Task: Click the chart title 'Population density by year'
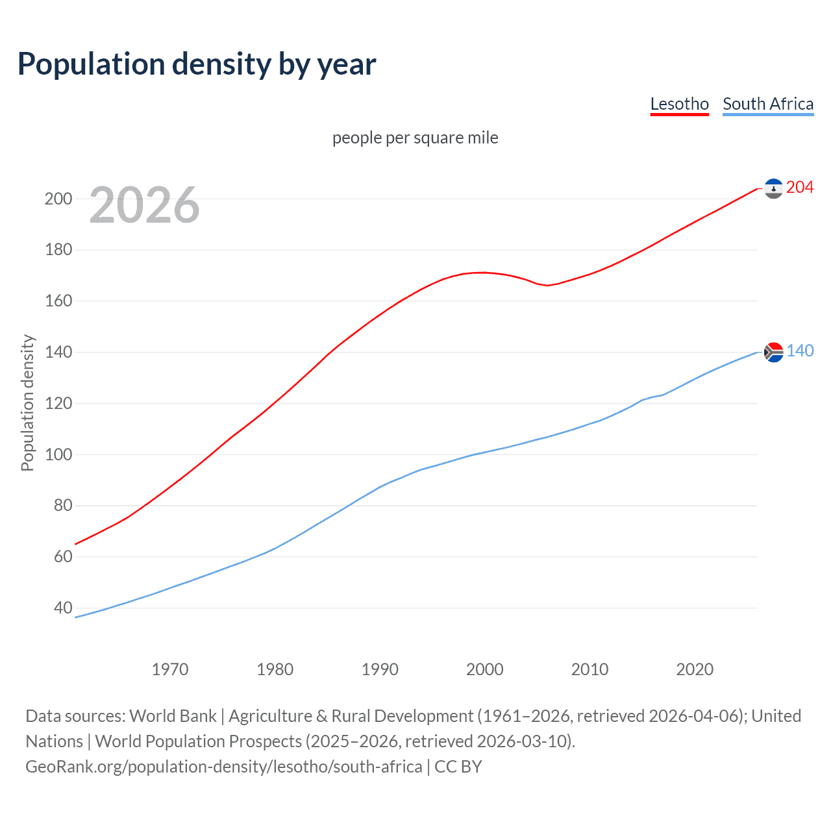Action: point(197,64)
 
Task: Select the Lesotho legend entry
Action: point(679,104)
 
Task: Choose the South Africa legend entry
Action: point(767,104)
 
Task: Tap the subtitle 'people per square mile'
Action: point(415,138)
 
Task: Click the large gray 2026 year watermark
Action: point(144,205)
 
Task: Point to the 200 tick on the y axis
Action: point(58,199)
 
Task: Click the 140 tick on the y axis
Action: point(58,352)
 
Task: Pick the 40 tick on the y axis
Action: point(63,608)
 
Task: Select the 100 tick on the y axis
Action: point(58,454)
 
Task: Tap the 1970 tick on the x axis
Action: point(170,669)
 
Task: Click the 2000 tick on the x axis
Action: point(484,669)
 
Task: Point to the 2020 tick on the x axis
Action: point(695,669)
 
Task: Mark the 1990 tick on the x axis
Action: point(380,669)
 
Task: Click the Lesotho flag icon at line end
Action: point(773,188)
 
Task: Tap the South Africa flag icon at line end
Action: point(773,352)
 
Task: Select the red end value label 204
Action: point(800,188)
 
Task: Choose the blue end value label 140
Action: point(800,351)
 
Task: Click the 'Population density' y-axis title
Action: point(27,403)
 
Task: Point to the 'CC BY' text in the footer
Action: point(458,767)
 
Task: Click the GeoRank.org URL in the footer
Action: point(223,767)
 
